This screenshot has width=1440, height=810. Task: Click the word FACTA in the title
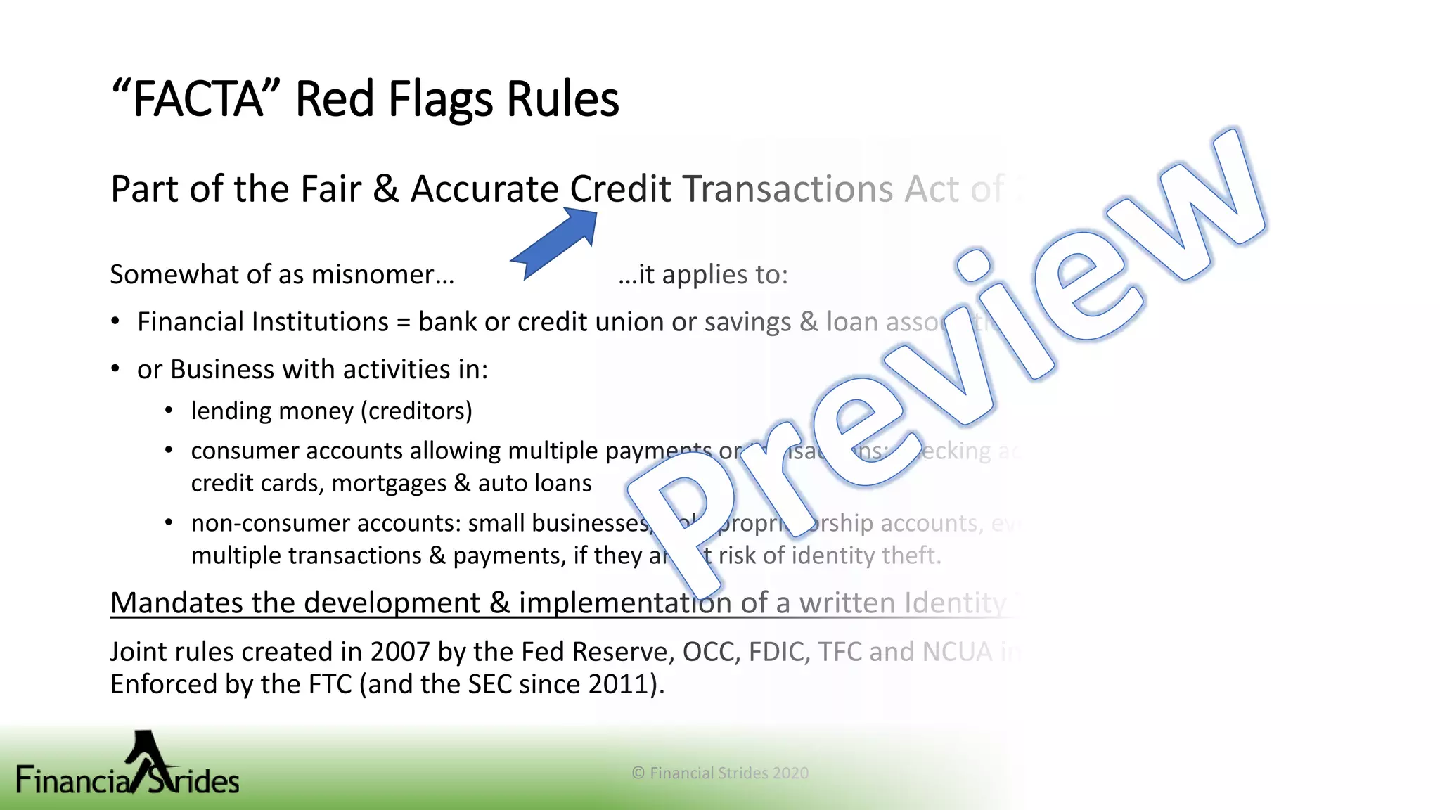pos(198,100)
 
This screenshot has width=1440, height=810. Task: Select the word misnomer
pos(382,275)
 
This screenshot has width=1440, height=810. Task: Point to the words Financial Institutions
pos(262,322)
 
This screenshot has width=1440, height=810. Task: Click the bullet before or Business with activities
pos(116,369)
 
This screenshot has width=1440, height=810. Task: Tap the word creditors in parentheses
pos(416,411)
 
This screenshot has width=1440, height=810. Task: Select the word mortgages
pos(389,484)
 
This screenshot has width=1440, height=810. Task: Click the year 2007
pos(399,652)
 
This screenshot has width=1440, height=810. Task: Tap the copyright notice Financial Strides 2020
pos(720,773)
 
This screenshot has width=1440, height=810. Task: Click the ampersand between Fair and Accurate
pos(385,189)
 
